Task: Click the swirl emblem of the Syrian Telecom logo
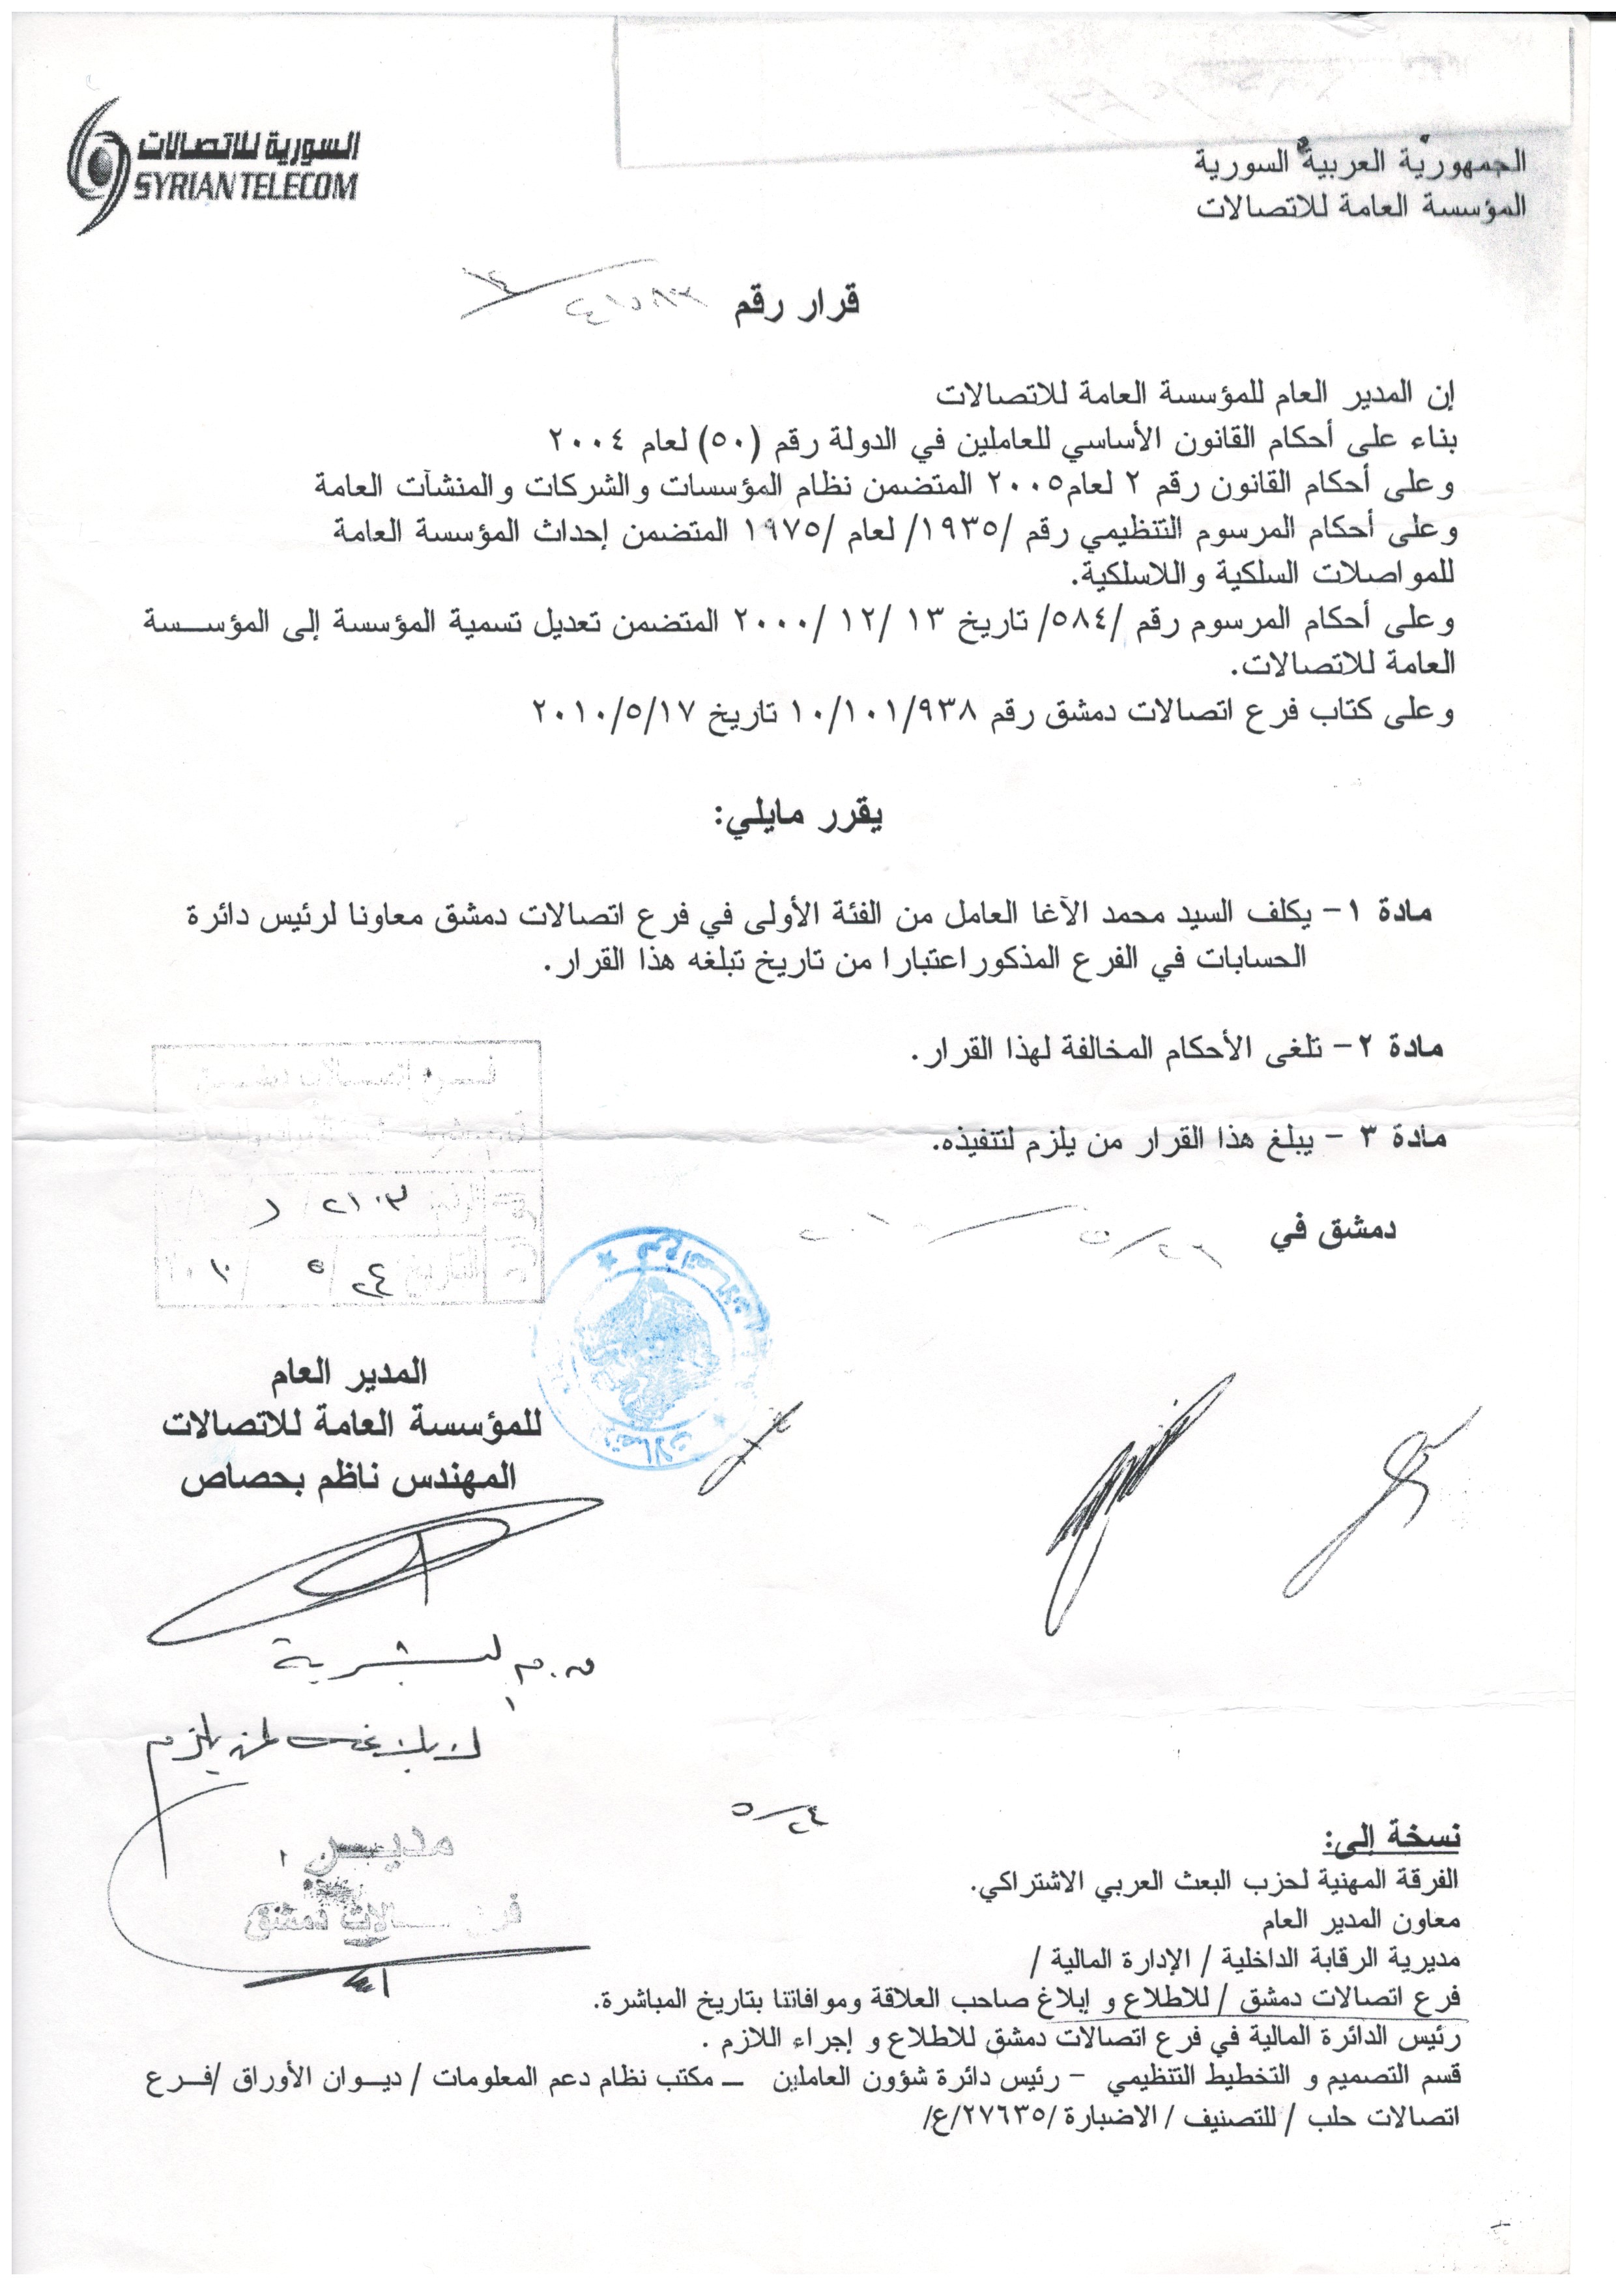tap(100, 167)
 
